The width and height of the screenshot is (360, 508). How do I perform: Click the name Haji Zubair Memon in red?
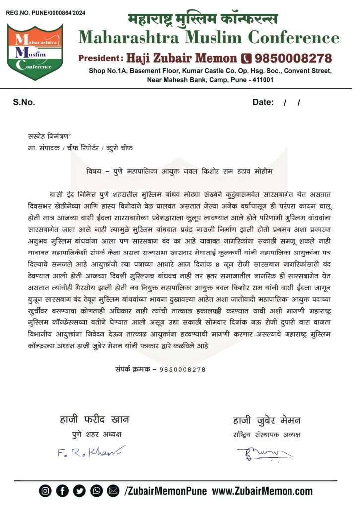[182, 58]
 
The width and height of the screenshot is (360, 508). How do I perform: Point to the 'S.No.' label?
[24, 102]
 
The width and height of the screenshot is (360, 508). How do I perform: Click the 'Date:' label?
[263, 102]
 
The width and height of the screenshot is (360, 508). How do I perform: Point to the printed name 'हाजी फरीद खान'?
[94, 420]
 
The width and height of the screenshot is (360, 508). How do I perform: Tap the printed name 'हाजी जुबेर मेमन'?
[267, 421]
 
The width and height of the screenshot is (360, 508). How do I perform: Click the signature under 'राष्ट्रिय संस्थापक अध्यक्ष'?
[265, 453]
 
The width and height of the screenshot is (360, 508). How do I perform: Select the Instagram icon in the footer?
[46, 491]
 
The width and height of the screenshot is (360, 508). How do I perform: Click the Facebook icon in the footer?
[63, 491]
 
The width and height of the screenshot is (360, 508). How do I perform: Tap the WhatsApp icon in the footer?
[96, 491]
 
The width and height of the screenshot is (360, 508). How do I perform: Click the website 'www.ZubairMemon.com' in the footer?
[263, 491]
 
